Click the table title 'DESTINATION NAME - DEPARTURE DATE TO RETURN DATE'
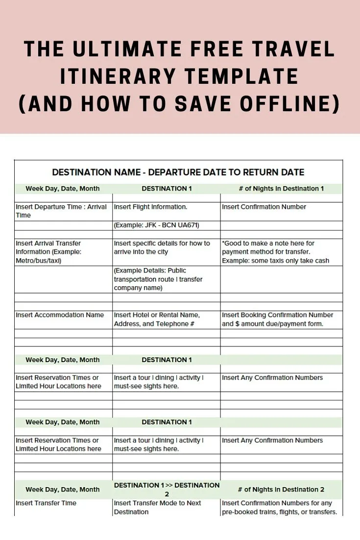coord(178,172)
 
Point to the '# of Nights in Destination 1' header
coord(281,189)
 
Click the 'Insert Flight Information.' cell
coord(151,207)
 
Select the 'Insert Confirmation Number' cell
coord(264,207)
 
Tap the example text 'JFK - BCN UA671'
coord(157,225)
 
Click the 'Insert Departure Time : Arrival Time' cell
coord(61,211)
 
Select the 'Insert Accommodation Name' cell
coord(60,315)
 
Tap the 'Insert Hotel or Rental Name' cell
coord(157,319)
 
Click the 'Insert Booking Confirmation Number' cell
coord(277,319)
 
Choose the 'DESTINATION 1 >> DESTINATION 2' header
coord(167,490)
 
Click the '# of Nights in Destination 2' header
coord(281,490)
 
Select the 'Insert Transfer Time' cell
coord(46,503)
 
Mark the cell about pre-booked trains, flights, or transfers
coord(279,507)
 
